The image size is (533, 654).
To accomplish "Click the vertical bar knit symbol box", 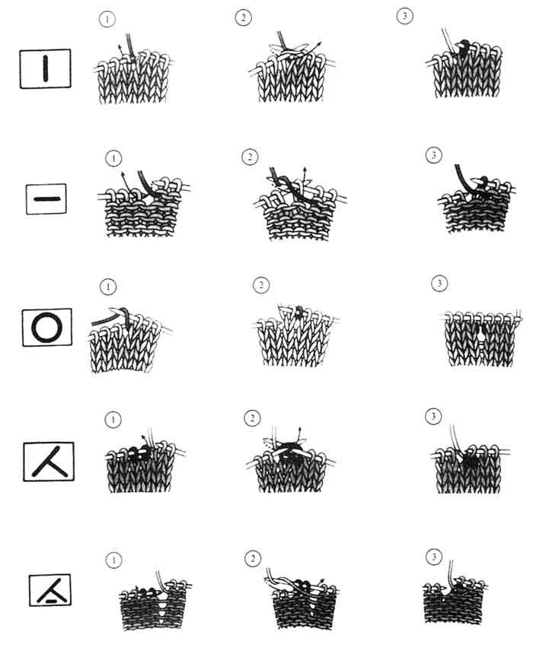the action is pos(45,68).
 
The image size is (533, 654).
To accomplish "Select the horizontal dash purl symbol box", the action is pos(46,199).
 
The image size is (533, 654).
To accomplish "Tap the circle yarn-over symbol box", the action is pos(46,328).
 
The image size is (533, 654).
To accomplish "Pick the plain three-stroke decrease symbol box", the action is pos(49,462).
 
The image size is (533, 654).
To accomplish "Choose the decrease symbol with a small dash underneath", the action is pos(50,590).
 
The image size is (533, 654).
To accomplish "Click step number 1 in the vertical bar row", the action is pos(107,20).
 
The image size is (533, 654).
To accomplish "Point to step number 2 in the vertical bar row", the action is pos(243,18).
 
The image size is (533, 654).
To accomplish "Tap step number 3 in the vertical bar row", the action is pos(404,16).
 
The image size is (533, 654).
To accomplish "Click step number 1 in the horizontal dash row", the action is pos(113,158).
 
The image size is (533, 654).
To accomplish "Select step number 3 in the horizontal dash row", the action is pos(433,156).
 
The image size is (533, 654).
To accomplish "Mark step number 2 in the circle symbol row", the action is pos(261,285).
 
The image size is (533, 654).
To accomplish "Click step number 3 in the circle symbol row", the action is pos(439,284).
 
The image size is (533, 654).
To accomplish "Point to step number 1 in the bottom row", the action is pos(113,560).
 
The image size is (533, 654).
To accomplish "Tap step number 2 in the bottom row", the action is pos(252,558).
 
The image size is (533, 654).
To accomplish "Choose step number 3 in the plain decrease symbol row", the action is pos(433,416).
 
